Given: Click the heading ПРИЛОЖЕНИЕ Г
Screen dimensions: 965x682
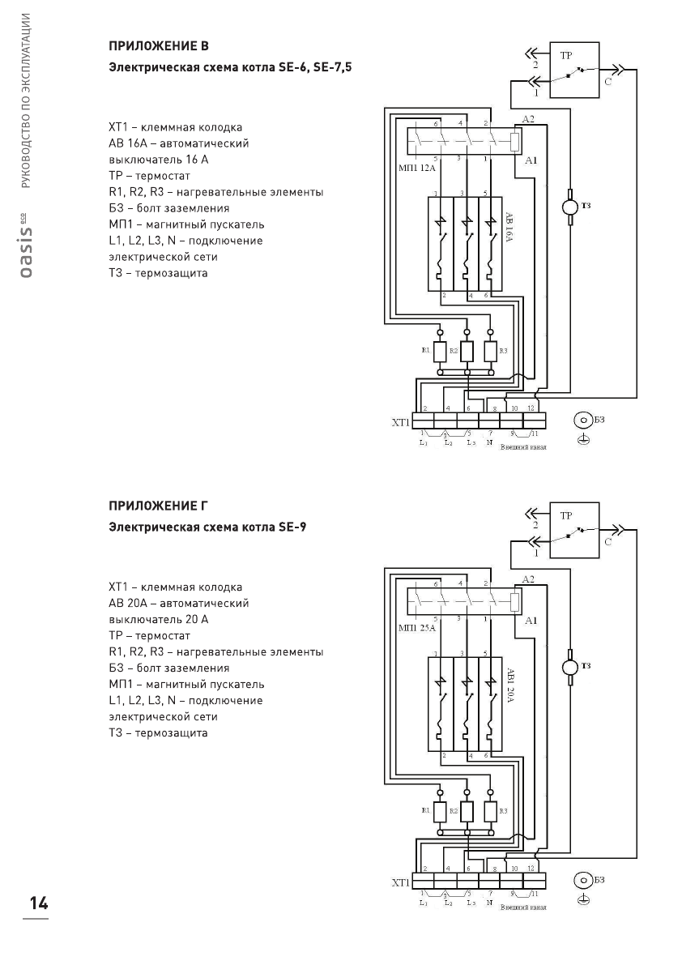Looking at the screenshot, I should click(159, 506).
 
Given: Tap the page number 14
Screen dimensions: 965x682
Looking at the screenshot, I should click(36, 903).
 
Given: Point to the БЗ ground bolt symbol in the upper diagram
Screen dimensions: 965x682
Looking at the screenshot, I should click(582, 420).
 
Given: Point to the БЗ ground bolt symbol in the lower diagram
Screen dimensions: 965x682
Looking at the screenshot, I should click(582, 880).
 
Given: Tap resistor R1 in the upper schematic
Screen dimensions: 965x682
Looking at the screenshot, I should click(440, 352).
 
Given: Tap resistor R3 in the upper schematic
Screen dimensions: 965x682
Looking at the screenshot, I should click(491, 352).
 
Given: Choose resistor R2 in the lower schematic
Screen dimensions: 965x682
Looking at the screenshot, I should click(466, 812).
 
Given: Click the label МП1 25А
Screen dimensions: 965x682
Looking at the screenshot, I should click(417, 628).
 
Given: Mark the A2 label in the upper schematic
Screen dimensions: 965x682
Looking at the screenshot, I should click(529, 119).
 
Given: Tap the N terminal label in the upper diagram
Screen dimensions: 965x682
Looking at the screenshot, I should click(489, 443).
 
